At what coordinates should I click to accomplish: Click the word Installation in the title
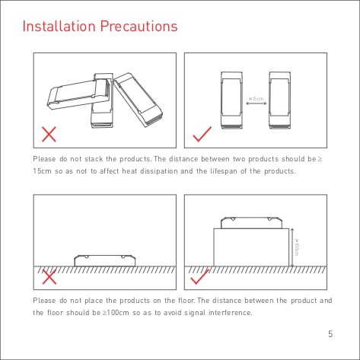59,26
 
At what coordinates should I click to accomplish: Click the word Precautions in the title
139,26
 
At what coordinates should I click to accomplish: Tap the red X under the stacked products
49,134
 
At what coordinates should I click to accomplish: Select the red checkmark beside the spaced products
202,134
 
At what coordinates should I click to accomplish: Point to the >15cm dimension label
256,99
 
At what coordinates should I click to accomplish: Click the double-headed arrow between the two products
256,104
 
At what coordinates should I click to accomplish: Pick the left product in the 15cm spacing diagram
231,100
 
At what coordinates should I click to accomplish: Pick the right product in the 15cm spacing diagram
280,100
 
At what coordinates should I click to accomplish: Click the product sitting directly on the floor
105,261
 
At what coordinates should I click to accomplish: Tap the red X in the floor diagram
49,277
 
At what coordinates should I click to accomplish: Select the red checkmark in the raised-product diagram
199,277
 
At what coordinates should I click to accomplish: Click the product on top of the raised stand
251,223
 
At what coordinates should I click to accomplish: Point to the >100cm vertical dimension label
297,247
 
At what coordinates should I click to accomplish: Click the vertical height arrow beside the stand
292,247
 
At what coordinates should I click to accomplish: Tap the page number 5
330,334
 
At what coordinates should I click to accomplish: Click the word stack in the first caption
94,159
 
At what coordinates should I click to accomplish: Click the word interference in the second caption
231,313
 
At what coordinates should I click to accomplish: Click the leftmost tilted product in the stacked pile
78,94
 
